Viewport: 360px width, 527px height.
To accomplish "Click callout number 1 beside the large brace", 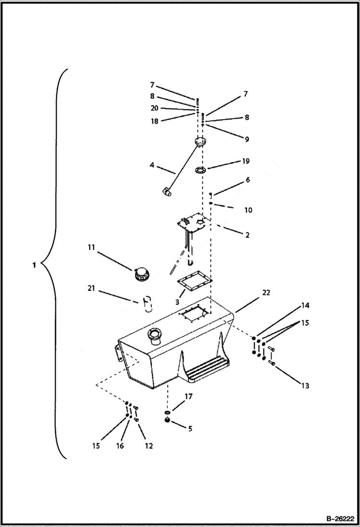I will [34, 265].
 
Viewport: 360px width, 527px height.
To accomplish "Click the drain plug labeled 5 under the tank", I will [168, 420].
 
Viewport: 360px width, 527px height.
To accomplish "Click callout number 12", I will [149, 446].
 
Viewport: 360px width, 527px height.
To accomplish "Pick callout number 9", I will [246, 139].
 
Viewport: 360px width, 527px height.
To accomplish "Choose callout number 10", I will [248, 210].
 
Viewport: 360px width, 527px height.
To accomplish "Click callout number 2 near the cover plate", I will [247, 235].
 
